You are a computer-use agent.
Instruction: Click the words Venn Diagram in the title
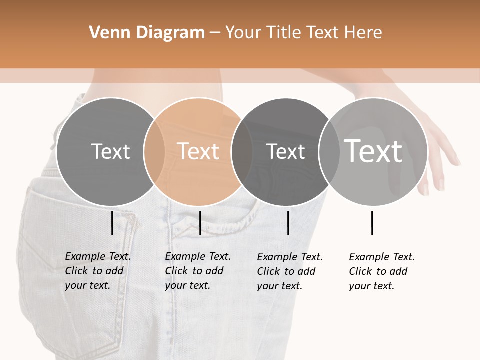click(x=147, y=33)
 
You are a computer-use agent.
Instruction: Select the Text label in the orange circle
click(x=198, y=151)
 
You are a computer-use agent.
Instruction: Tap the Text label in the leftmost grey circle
click(x=110, y=151)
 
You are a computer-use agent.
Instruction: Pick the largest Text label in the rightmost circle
click(x=373, y=151)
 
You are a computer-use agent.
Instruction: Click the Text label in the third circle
click(x=285, y=151)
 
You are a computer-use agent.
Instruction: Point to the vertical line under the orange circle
click(x=200, y=223)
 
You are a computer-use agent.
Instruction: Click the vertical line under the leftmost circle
click(x=112, y=223)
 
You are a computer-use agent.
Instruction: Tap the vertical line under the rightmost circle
click(x=372, y=223)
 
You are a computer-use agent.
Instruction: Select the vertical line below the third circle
click(x=288, y=223)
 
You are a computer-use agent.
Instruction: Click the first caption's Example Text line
click(x=98, y=256)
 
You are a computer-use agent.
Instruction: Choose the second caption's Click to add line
click(x=194, y=271)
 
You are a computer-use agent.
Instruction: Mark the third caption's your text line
click(x=279, y=286)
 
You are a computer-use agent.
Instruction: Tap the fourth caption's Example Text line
click(x=382, y=257)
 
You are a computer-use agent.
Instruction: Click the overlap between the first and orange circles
click(x=154, y=151)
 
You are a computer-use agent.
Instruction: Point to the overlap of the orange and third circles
click(x=241, y=151)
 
